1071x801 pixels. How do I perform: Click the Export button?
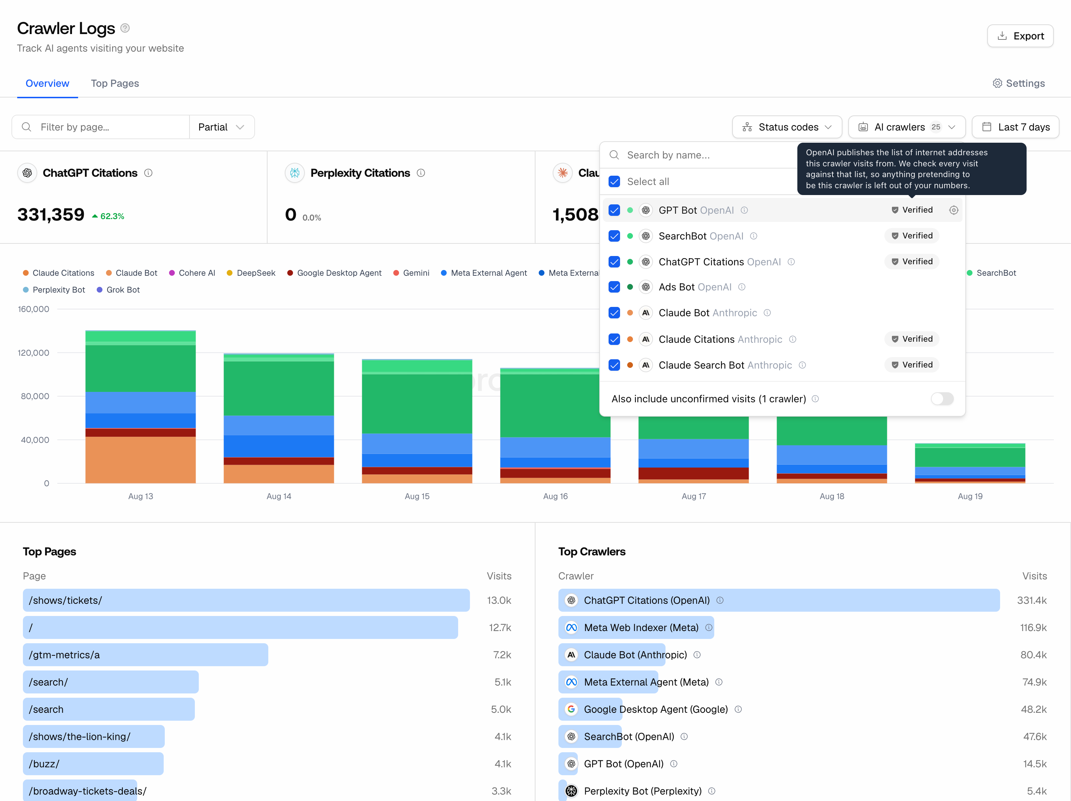coord(1020,36)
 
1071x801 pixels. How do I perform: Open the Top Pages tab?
coord(115,83)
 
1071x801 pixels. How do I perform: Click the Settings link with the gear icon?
coord(1018,83)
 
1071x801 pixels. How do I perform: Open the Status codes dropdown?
coord(787,127)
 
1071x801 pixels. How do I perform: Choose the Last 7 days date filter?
coord(1015,127)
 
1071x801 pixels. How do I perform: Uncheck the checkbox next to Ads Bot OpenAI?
coord(614,287)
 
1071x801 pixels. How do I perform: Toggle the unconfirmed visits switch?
coord(942,399)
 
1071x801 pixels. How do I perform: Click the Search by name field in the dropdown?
coord(702,155)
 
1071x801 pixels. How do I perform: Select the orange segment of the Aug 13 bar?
coord(140,460)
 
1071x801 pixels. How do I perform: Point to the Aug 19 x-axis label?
coord(970,496)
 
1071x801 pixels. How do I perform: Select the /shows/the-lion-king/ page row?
coord(93,736)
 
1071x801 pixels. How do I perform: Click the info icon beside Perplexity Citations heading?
coord(421,173)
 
